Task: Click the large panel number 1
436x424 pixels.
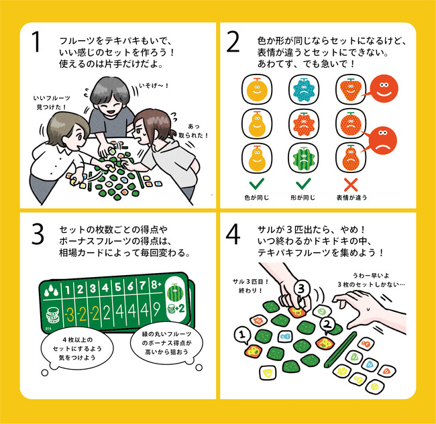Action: point(36,42)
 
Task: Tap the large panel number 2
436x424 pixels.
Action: point(233,42)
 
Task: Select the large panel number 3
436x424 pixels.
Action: point(38,234)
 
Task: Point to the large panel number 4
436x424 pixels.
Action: point(233,234)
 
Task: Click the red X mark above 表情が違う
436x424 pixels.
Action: point(351,184)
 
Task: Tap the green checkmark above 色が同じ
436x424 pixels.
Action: point(257,184)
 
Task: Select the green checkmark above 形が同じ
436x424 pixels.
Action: point(303,184)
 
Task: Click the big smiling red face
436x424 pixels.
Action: point(384,89)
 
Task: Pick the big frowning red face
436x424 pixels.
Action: point(382,141)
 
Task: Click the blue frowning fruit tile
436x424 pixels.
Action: point(304,89)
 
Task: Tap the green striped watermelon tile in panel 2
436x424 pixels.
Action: point(304,158)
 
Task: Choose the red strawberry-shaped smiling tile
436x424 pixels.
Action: point(351,89)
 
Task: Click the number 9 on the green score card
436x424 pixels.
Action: point(156,310)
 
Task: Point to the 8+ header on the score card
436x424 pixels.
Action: point(156,285)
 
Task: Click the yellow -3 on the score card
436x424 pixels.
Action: point(69,315)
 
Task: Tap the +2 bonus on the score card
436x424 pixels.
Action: point(180,309)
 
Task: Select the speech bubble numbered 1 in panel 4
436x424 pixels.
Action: point(242,335)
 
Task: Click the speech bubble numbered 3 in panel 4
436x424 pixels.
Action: point(302,289)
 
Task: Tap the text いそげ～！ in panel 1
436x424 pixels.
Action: point(154,86)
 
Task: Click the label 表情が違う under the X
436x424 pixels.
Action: point(351,197)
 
